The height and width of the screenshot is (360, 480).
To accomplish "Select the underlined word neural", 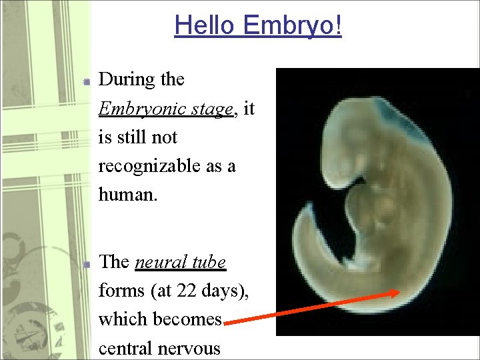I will pos(159,262).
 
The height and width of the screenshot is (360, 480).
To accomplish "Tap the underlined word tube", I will pos(207,262).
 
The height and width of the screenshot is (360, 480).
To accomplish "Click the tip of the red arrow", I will pos(398,291).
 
